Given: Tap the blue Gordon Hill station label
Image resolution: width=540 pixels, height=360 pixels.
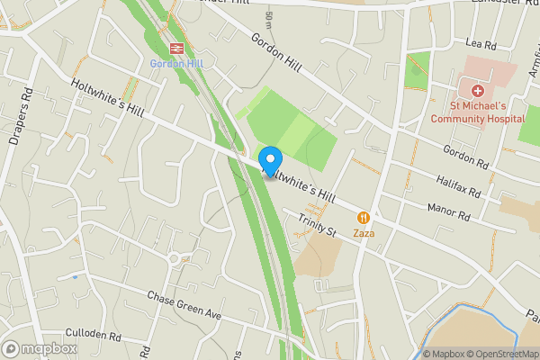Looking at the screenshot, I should [x=176, y=64].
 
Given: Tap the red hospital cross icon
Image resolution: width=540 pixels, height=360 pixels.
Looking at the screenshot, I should [x=473, y=90].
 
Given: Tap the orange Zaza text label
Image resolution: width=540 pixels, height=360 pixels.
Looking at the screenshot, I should [x=364, y=234].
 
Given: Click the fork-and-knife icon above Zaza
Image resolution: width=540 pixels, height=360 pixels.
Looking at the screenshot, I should [x=364, y=218].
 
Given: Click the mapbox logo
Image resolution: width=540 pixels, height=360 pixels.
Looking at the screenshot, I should [x=38, y=348].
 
